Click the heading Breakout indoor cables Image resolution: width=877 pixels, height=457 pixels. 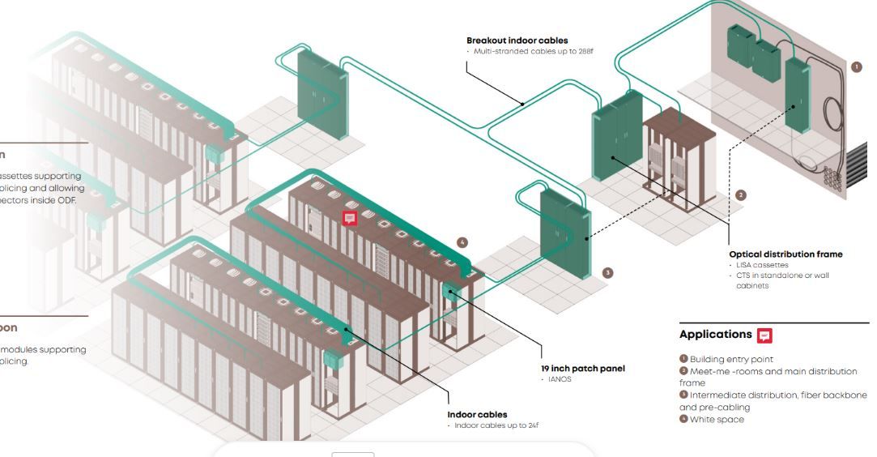coord(517,41)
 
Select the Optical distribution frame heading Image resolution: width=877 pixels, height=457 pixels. coord(785,254)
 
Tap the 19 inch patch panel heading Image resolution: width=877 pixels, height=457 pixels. coord(582,369)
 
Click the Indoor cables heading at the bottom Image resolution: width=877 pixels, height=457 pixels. coord(477,415)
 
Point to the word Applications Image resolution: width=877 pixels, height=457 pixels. coord(715,335)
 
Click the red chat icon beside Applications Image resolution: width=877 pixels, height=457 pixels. coord(764,335)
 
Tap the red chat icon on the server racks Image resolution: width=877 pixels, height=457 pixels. coord(350,219)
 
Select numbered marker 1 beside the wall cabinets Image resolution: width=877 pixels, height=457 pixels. coord(857,67)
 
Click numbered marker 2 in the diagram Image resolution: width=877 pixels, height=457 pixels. coord(740,195)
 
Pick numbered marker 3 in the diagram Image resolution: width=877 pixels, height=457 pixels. coord(607,273)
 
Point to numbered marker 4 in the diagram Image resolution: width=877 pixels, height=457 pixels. coord(462,242)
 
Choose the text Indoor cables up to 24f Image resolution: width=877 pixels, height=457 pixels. coord(495,425)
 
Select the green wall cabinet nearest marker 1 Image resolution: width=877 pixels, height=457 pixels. coord(797,96)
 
